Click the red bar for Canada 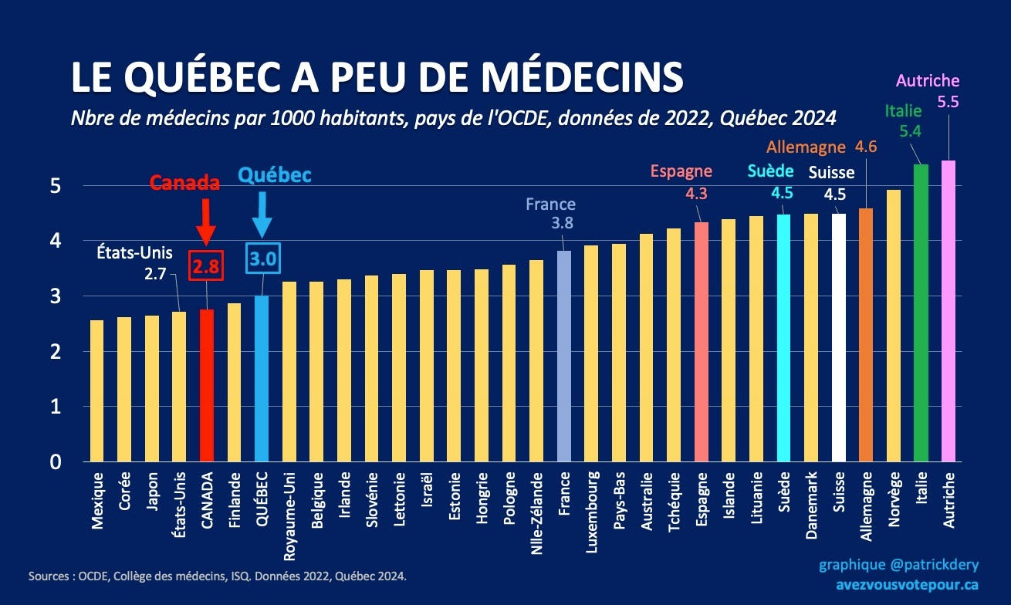click(207, 385)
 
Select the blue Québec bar click(262, 379)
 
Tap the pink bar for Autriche click(948, 311)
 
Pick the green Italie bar click(921, 313)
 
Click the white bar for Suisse click(839, 337)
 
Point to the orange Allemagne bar click(866, 335)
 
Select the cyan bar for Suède click(783, 338)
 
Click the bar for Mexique click(97, 390)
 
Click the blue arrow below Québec click(262, 215)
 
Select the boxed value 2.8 click(206, 265)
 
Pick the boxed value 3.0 click(263, 258)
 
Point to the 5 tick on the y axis click(55, 186)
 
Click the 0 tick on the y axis click(55, 462)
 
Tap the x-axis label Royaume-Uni click(289, 516)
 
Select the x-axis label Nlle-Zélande click(536, 513)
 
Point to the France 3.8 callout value click(563, 223)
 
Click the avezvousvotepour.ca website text click(907, 585)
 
